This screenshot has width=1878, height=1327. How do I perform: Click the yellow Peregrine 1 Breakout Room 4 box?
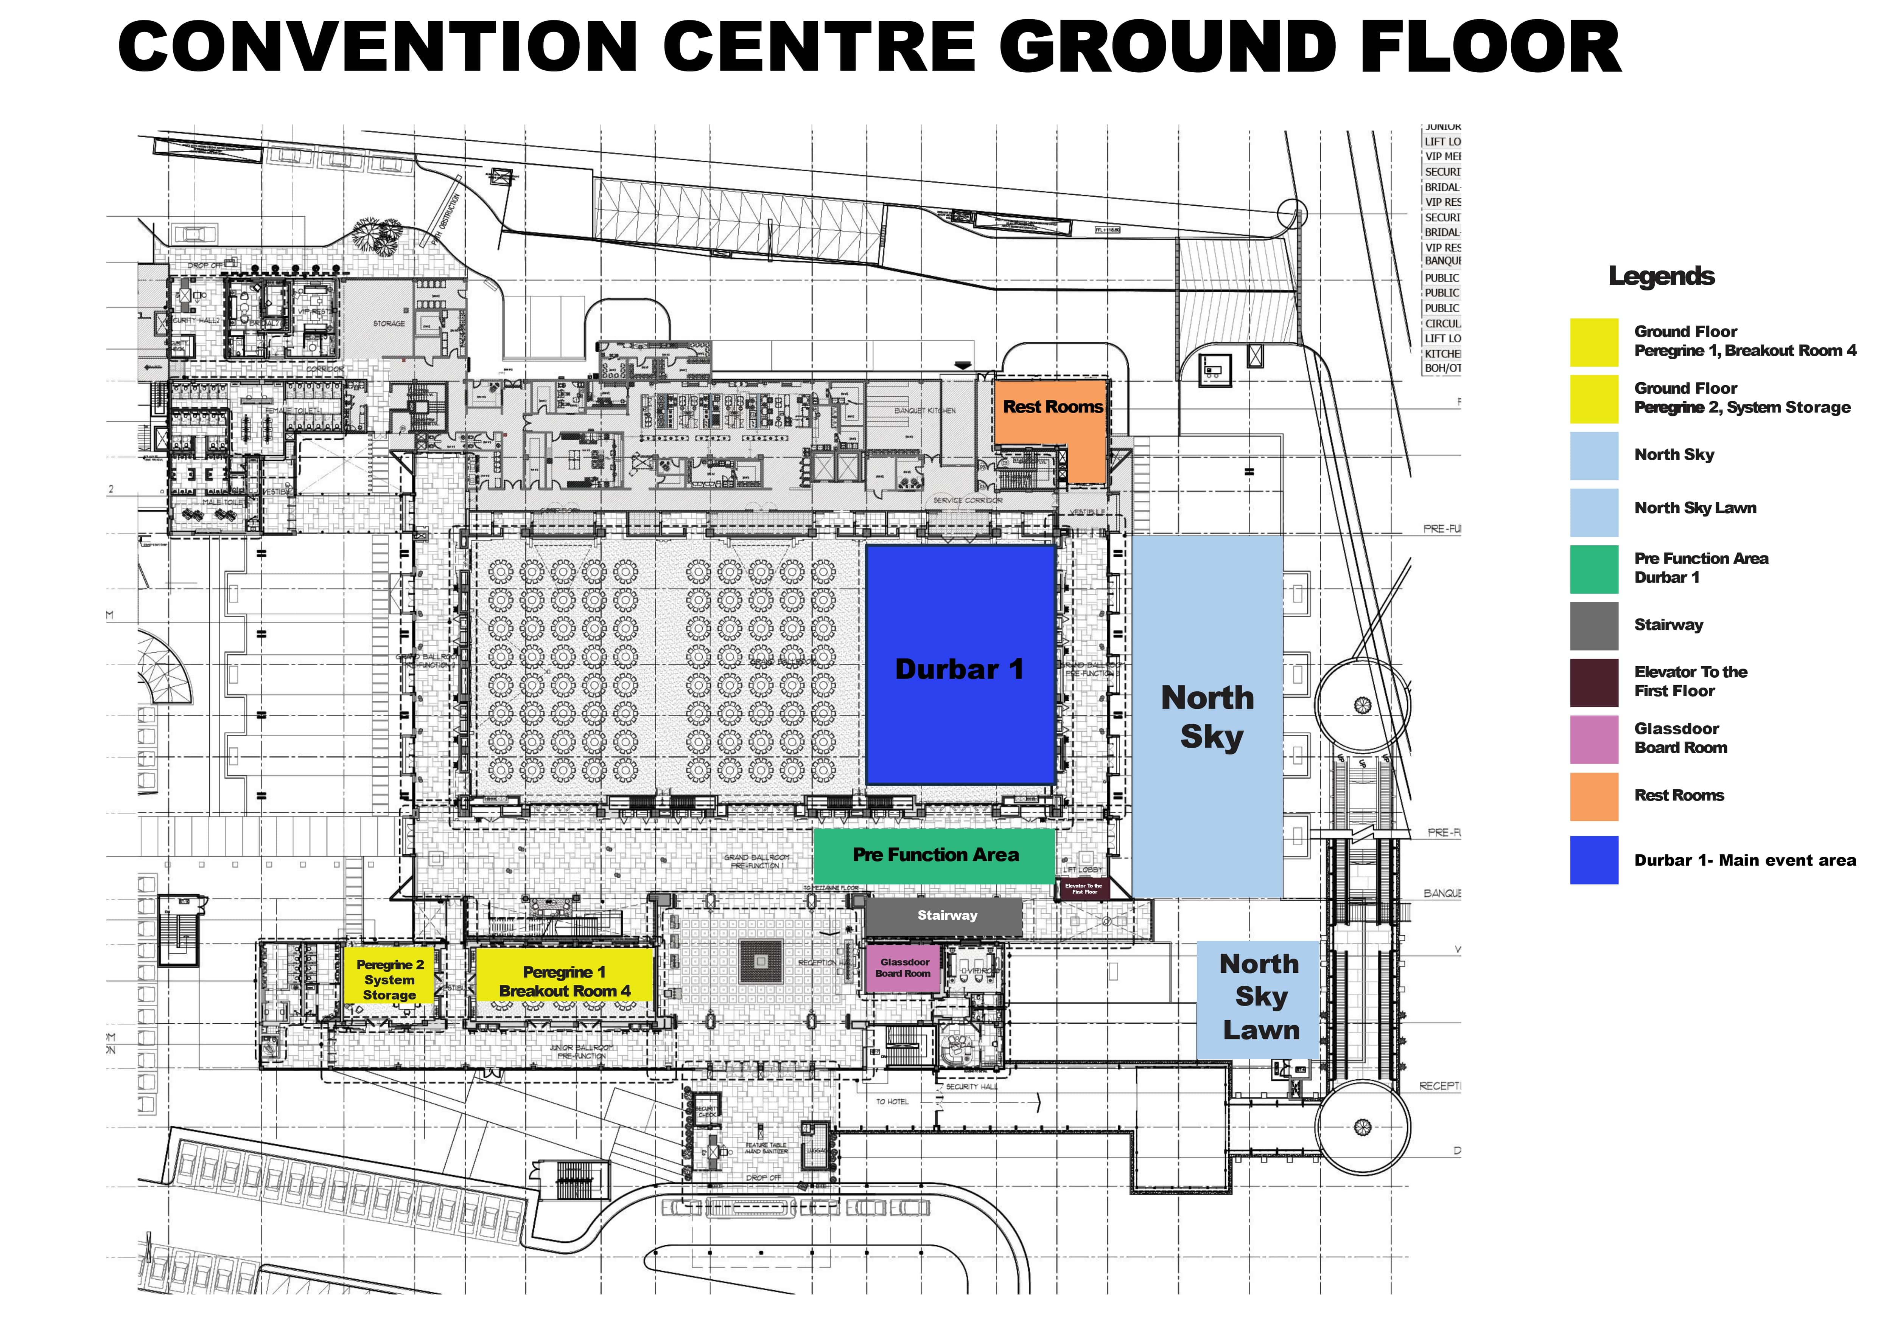(x=564, y=975)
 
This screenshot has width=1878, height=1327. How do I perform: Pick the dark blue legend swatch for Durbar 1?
(x=1593, y=859)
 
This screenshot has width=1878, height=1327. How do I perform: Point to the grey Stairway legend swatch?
(x=1593, y=625)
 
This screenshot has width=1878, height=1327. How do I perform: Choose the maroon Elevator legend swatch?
(x=1593, y=682)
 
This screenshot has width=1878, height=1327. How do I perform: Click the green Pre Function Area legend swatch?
(x=1593, y=568)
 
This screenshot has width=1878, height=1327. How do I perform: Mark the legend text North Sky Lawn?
(x=1695, y=508)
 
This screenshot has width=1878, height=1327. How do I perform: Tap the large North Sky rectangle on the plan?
(x=1207, y=716)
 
